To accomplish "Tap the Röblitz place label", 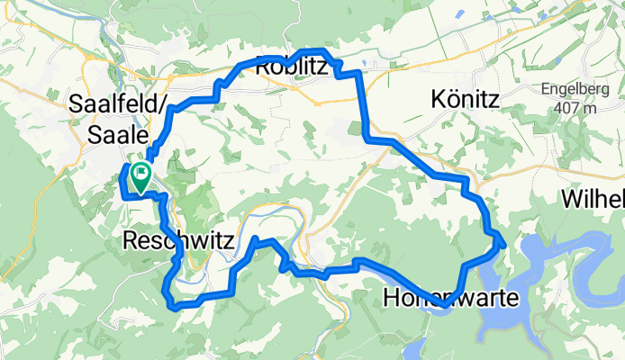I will click(291, 66).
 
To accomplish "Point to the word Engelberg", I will click(582, 89).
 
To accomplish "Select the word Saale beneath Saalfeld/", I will click(118, 135).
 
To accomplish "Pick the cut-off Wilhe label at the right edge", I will click(593, 199).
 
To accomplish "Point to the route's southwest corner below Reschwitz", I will click(171, 303).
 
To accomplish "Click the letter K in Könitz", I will click(439, 99).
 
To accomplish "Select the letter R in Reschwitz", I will click(128, 241).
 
